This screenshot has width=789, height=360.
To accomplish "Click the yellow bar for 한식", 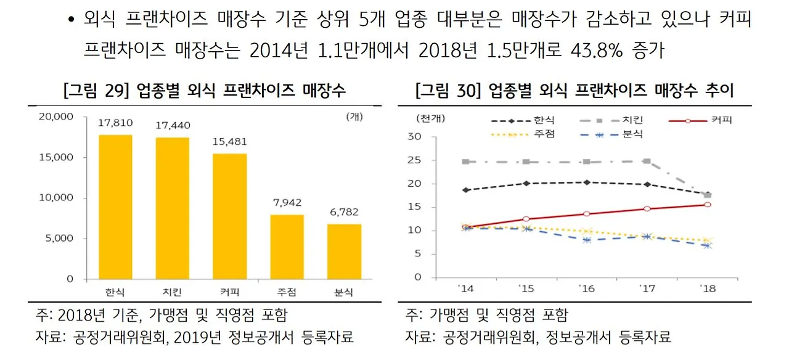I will coord(115,207).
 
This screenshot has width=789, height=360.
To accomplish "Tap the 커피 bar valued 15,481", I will coord(229,216).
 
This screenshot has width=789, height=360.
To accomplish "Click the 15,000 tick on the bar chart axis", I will coord(56,157).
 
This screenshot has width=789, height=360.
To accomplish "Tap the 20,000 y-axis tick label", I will coord(56,117).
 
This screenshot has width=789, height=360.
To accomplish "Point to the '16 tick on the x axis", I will coord(586,288).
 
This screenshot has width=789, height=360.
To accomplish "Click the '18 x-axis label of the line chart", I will coord(708,288).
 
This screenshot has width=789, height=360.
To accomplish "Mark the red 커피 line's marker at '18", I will coord(708,205).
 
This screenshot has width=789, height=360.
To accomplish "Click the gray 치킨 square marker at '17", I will coord(647,161).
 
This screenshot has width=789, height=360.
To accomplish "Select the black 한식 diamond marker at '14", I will coord(465,190).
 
